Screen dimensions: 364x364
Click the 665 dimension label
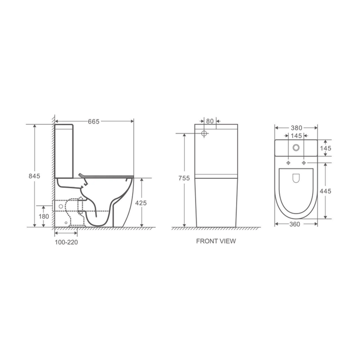[x=94, y=122]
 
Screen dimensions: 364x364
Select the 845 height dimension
[x=34, y=176]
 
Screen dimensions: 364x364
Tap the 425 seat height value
[x=141, y=203]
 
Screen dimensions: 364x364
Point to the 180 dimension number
[x=44, y=217]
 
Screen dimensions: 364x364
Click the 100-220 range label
[x=67, y=242]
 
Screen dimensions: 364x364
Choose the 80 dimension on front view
[x=210, y=121]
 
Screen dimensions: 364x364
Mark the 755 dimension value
[x=184, y=178]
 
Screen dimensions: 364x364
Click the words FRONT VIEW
[x=216, y=241]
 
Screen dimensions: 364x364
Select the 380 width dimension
[x=296, y=128]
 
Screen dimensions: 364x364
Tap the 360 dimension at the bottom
[x=295, y=224]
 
